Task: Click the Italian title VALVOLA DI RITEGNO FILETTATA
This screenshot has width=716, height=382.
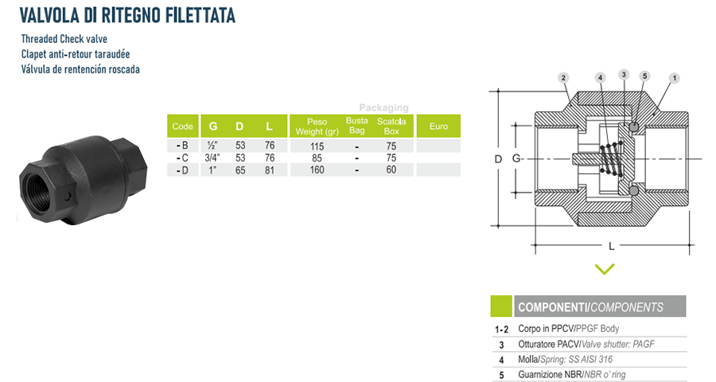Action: point(127,16)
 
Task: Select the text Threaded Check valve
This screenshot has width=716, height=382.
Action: point(64,39)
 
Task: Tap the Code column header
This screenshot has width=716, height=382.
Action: point(183,126)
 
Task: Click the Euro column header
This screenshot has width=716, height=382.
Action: point(438,126)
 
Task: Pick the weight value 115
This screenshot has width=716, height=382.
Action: point(317,146)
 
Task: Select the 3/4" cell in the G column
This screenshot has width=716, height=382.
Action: point(212,158)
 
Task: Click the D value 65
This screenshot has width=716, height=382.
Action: point(240,170)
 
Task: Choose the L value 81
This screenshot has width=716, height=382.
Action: point(270,170)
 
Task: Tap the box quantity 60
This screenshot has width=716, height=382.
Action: point(391,170)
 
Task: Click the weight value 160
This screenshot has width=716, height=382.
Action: point(317,170)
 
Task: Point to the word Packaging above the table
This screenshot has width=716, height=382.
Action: point(383,108)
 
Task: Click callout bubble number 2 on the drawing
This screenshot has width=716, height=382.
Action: point(563,78)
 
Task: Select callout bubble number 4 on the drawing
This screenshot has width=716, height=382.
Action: point(601,78)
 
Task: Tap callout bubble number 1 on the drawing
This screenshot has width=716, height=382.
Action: point(675,78)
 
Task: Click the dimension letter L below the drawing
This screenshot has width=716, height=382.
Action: point(612,246)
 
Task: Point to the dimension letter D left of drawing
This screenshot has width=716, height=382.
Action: point(498,159)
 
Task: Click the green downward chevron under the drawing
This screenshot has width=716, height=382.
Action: point(605,269)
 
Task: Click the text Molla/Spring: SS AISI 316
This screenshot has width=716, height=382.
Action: point(566,359)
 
